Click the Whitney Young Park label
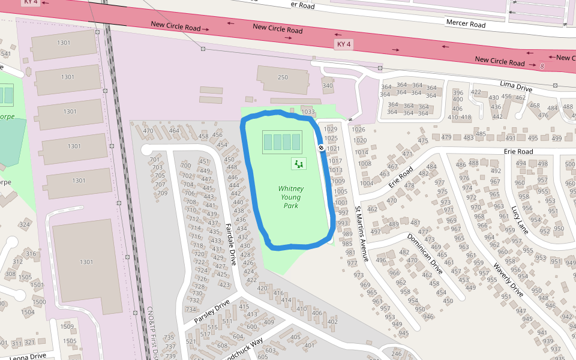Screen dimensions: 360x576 pos(291,197)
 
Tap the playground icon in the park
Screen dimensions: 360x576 pos(299,163)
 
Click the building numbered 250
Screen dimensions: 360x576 pos(283,77)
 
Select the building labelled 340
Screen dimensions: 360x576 pos(327,86)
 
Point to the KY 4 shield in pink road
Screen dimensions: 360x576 pos(344,44)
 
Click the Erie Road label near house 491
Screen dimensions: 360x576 pos(518,152)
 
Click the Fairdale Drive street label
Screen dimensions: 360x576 pos(231,244)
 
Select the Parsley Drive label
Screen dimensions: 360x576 pos(212,311)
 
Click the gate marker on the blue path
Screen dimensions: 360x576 pos(322,148)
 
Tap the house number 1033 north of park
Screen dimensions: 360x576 pos(308,112)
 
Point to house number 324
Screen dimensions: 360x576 pos(25,225)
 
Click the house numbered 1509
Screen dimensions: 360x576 pos(67,327)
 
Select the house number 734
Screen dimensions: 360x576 pos(191,310)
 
